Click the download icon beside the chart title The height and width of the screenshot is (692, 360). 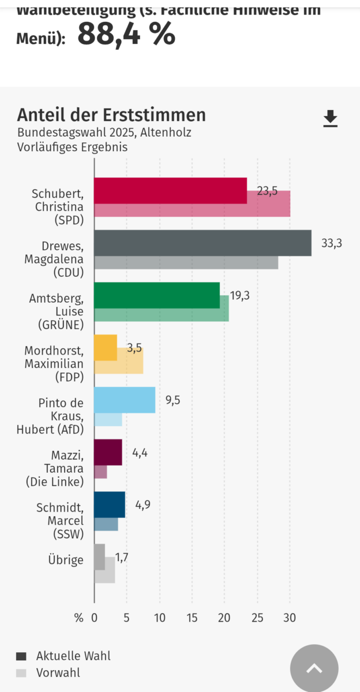coord(330,119)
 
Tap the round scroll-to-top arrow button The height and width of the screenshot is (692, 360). coord(314,668)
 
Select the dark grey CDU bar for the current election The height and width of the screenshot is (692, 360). coord(202,243)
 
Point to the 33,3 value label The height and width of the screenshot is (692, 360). coord(332,243)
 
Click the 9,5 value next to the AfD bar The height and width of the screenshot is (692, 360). coord(172,400)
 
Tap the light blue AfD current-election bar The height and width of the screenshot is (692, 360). coord(125,400)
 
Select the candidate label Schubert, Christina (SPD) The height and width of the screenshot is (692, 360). coord(58,206)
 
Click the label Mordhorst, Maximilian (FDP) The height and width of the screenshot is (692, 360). coord(54,364)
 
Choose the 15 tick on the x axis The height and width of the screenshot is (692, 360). coord(192,618)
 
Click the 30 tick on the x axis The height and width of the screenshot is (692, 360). coord(290,618)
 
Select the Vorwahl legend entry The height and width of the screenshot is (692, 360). coord(58,672)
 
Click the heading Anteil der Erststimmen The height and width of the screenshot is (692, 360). coord(111,115)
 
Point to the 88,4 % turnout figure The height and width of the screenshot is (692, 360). coord(126,35)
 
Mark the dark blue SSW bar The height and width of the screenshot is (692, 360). coord(110,505)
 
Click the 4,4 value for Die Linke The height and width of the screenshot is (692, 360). coord(140,453)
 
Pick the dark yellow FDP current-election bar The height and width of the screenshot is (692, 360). coord(106,347)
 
